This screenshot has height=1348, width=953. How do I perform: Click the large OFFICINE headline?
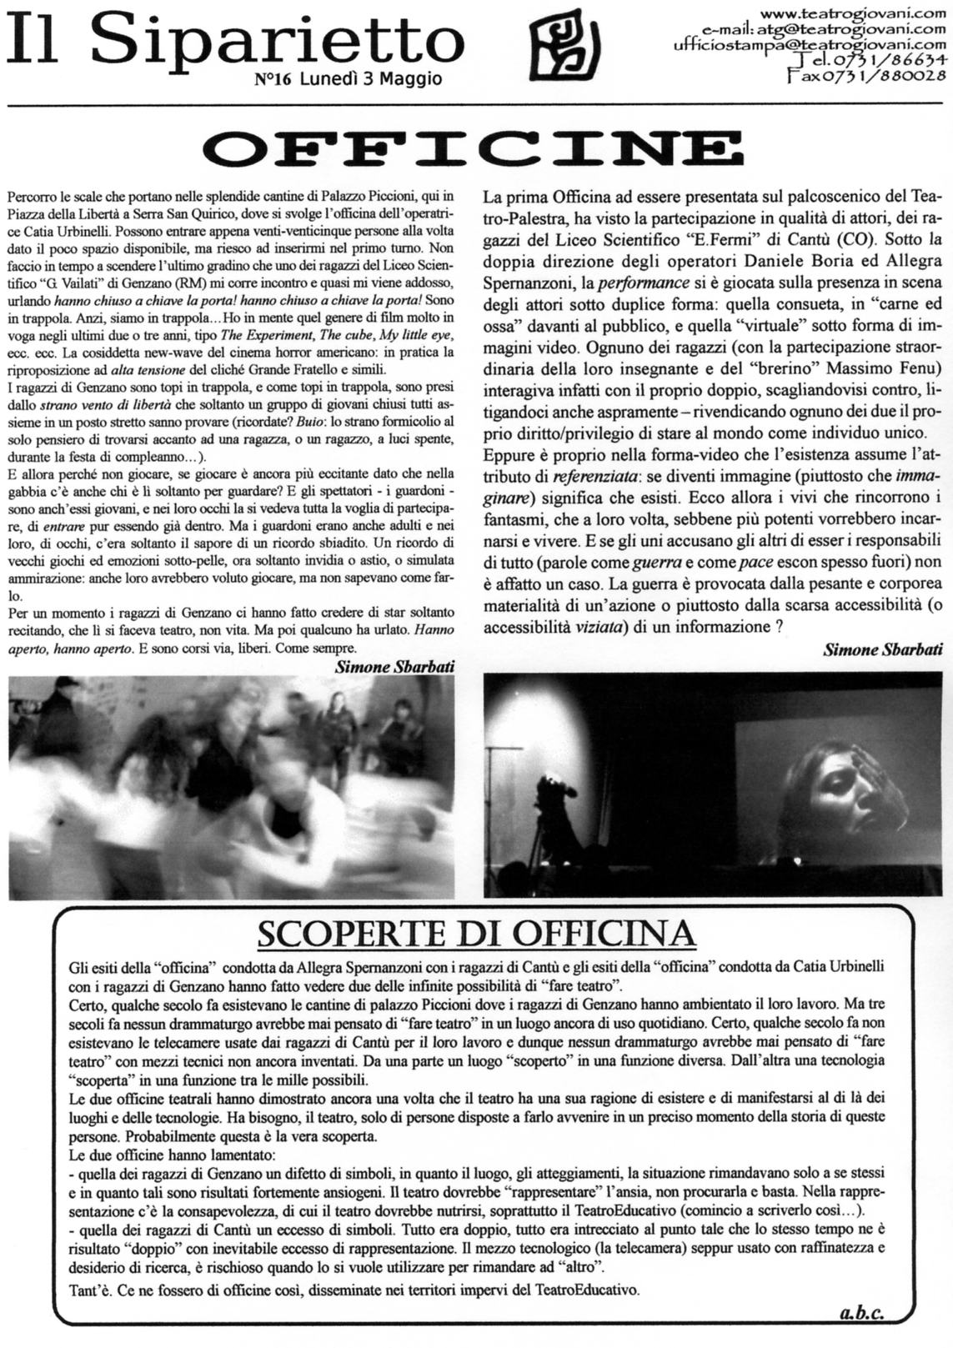pyautogui.click(x=476, y=149)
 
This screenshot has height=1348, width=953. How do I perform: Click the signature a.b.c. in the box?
pyautogui.click(x=860, y=1313)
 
